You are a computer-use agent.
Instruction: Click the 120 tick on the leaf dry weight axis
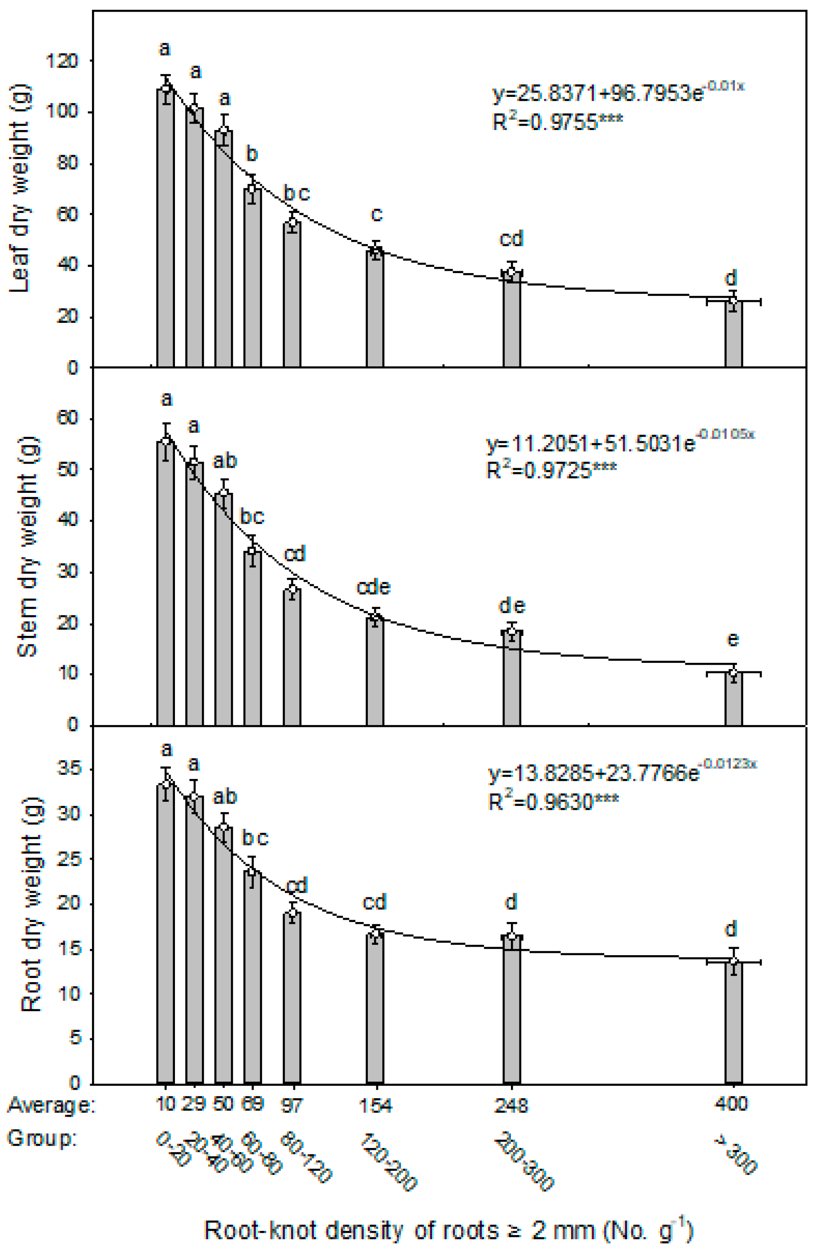pos(62,61)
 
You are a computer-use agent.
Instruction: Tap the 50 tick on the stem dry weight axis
pos(68,470)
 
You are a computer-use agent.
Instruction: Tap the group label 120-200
pos(389,1161)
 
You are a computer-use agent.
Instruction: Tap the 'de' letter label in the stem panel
pos(511,605)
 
